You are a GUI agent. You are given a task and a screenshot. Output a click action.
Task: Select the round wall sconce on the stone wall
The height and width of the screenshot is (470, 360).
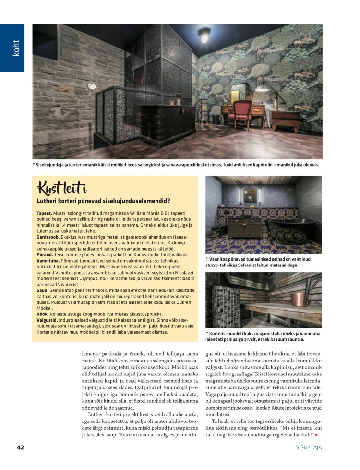[x=91, y=86]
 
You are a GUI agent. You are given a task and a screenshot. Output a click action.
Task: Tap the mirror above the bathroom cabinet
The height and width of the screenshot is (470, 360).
[x=251, y=196]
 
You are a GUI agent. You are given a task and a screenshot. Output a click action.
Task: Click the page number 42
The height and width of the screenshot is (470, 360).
[x=21, y=447]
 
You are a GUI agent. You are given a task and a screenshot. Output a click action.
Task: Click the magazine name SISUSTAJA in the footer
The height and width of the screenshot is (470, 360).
[x=309, y=447]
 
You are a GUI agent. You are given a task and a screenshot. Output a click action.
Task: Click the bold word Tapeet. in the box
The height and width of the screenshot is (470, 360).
[x=45, y=212]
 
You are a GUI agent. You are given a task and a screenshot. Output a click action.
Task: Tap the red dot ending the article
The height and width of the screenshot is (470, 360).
[x=317, y=435]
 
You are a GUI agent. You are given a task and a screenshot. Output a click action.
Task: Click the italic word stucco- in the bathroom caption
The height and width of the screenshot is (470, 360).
[x=215, y=265]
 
